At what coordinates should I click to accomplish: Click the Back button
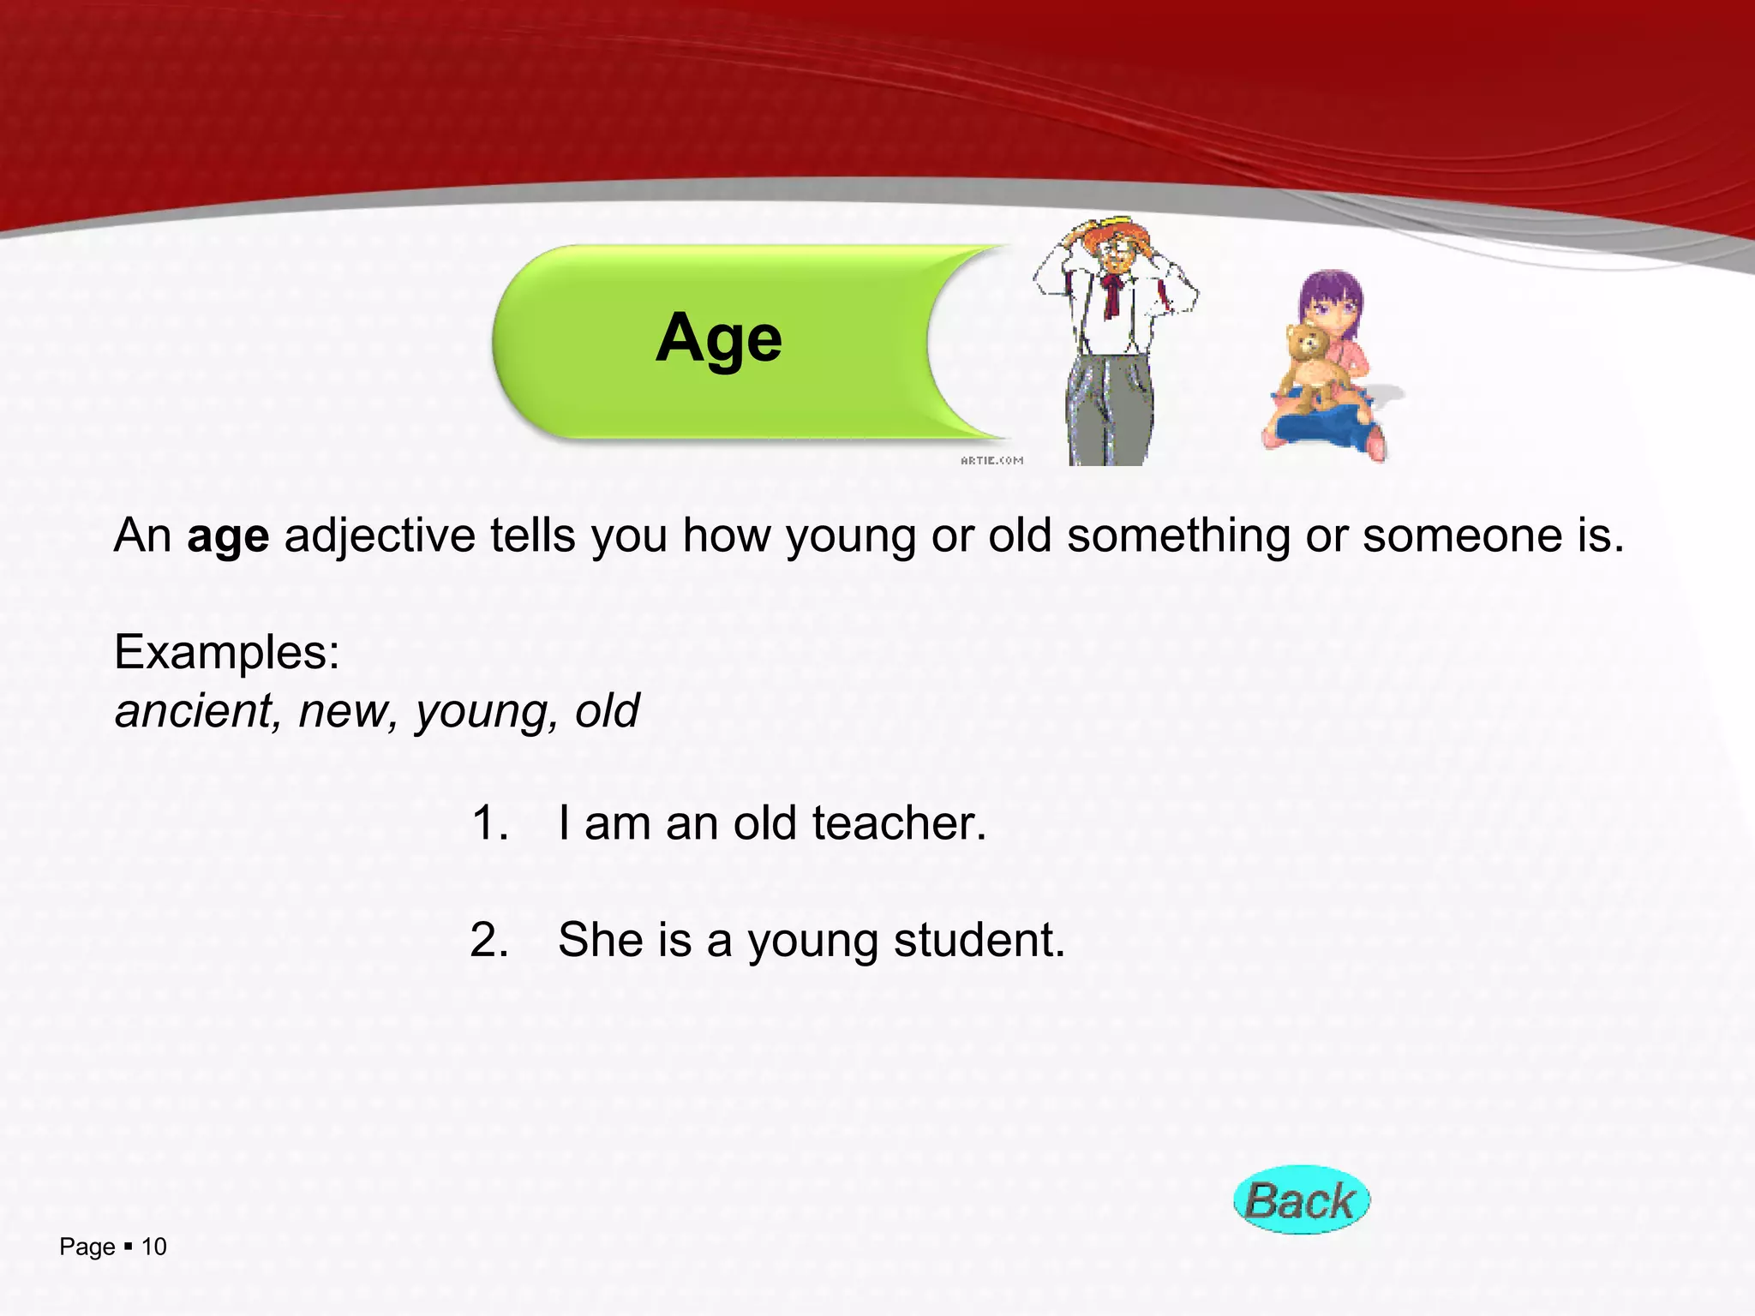[1301, 1199]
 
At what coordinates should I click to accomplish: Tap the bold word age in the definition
[228, 537]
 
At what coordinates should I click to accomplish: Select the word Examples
[226, 653]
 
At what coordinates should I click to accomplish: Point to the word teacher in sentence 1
[899, 823]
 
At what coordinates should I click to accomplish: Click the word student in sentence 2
[979, 940]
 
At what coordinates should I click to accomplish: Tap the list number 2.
[489, 940]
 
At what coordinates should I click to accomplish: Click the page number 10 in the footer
[154, 1247]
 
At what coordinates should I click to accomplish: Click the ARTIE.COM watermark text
[991, 461]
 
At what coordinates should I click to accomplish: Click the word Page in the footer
[87, 1247]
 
